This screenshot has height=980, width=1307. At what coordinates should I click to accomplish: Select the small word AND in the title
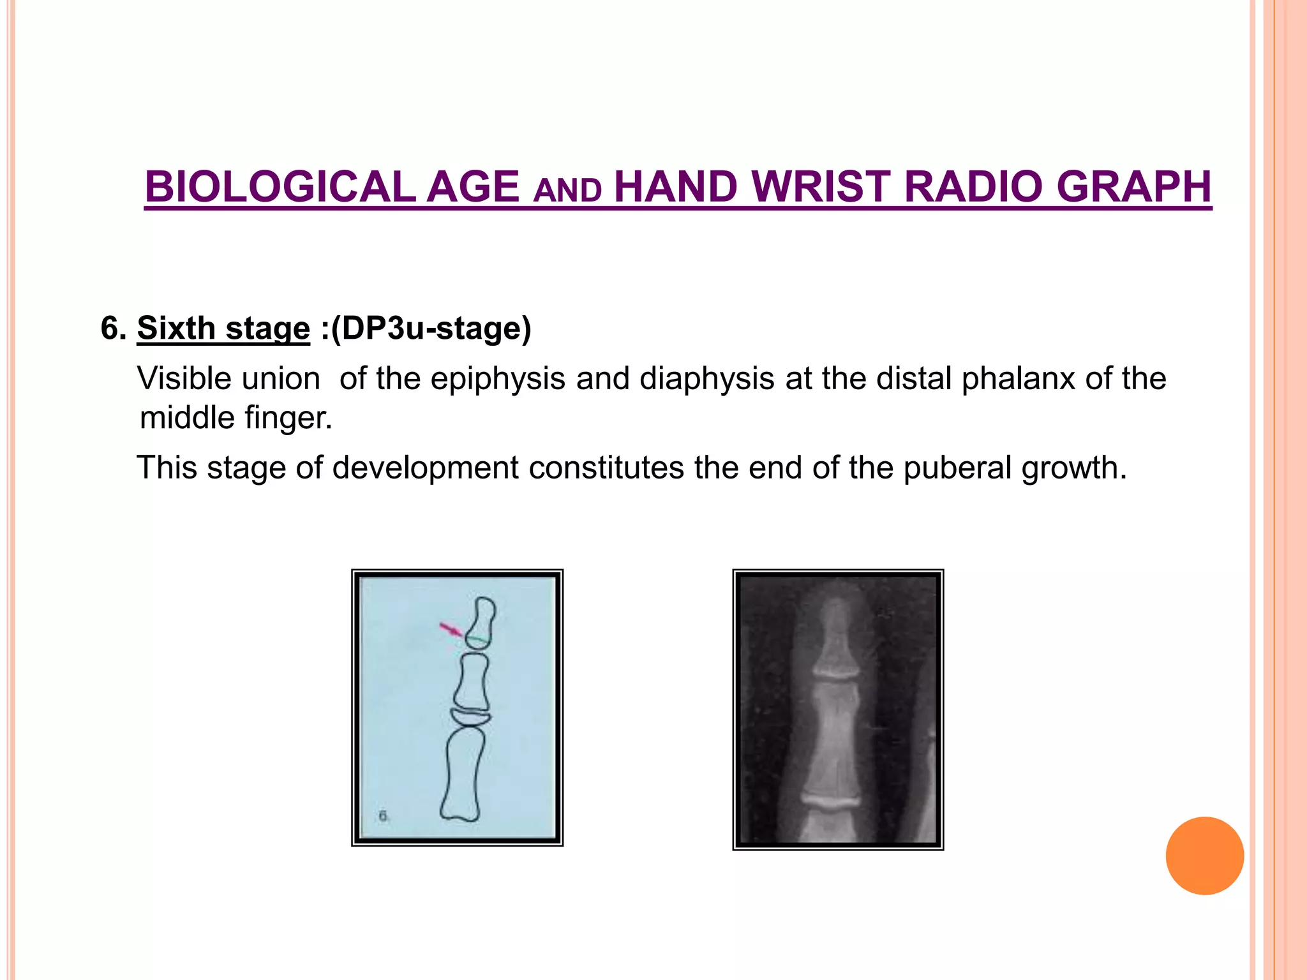click(x=567, y=191)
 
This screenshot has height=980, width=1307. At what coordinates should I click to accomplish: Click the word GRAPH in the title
click(x=1133, y=187)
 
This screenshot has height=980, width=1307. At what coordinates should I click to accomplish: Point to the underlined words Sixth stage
click(x=223, y=329)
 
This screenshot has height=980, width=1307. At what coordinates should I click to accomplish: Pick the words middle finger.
click(x=235, y=419)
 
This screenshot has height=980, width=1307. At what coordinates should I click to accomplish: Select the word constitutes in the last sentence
click(x=606, y=468)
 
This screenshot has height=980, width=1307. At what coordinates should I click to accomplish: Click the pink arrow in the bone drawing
click(x=451, y=629)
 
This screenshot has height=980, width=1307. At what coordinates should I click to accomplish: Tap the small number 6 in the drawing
click(x=383, y=815)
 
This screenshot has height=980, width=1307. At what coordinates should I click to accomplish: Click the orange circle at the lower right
click(x=1204, y=856)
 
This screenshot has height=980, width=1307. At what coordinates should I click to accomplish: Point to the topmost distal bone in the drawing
click(x=482, y=620)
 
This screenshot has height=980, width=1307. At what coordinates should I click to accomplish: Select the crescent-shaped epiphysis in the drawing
click(x=470, y=718)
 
